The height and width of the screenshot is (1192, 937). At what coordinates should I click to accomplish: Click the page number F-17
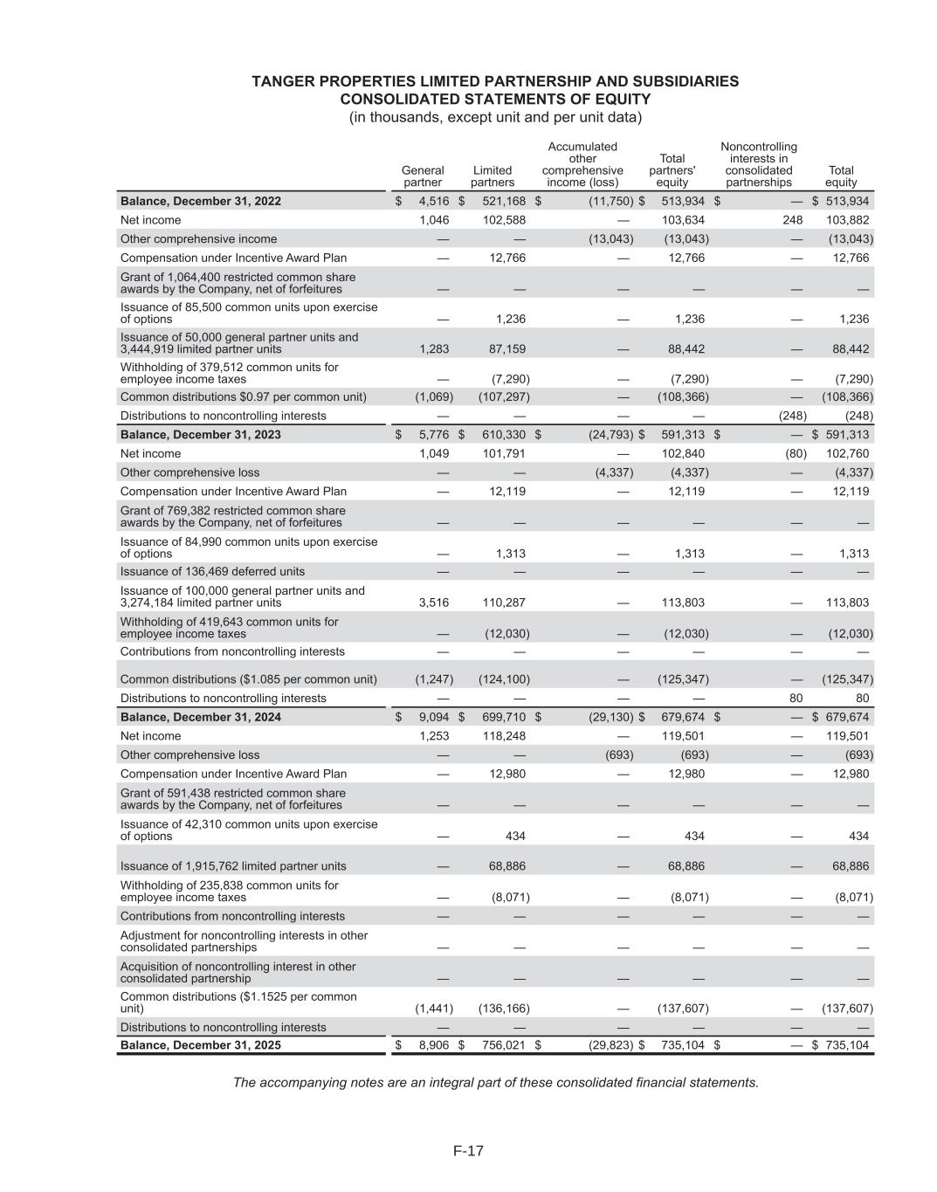point(468,1151)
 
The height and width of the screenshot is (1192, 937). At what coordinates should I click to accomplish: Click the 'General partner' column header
point(423,176)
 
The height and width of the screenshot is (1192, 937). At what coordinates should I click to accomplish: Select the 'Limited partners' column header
point(493,176)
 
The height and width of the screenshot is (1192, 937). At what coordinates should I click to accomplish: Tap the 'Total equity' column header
point(841,176)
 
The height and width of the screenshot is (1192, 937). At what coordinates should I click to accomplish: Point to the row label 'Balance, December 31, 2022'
point(201,201)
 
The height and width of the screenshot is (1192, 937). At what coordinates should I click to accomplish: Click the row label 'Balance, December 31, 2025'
point(201,1044)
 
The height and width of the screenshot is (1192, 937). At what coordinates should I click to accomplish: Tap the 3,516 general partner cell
point(434,602)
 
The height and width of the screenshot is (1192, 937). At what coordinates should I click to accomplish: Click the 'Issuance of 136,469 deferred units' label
point(212,571)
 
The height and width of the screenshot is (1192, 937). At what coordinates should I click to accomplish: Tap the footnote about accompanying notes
point(495,1083)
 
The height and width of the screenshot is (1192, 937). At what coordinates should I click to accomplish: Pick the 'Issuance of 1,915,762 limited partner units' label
point(233,866)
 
